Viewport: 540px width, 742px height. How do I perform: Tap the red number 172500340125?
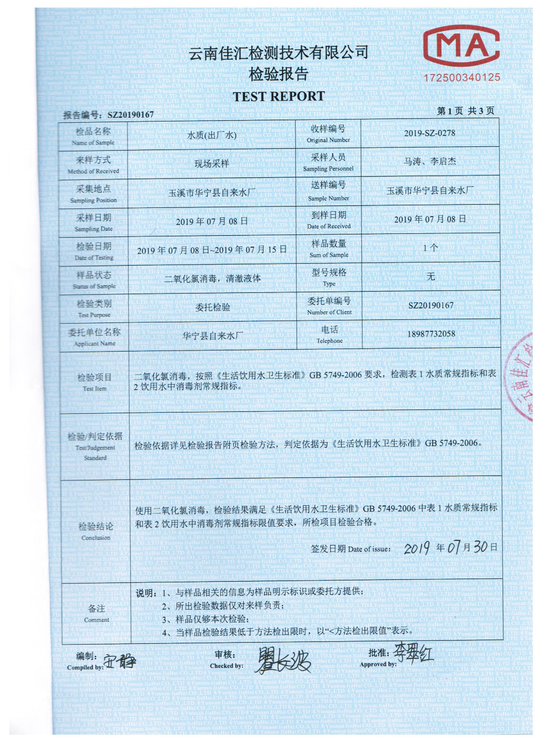(x=462, y=77)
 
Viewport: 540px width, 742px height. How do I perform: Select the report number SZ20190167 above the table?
(x=130, y=115)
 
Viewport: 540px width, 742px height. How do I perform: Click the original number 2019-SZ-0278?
(x=430, y=133)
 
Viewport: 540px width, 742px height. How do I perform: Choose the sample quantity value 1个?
(x=430, y=248)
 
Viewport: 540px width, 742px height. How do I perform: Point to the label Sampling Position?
(x=93, y=200)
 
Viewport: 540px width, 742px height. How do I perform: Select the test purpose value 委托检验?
(x=213, y=307)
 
